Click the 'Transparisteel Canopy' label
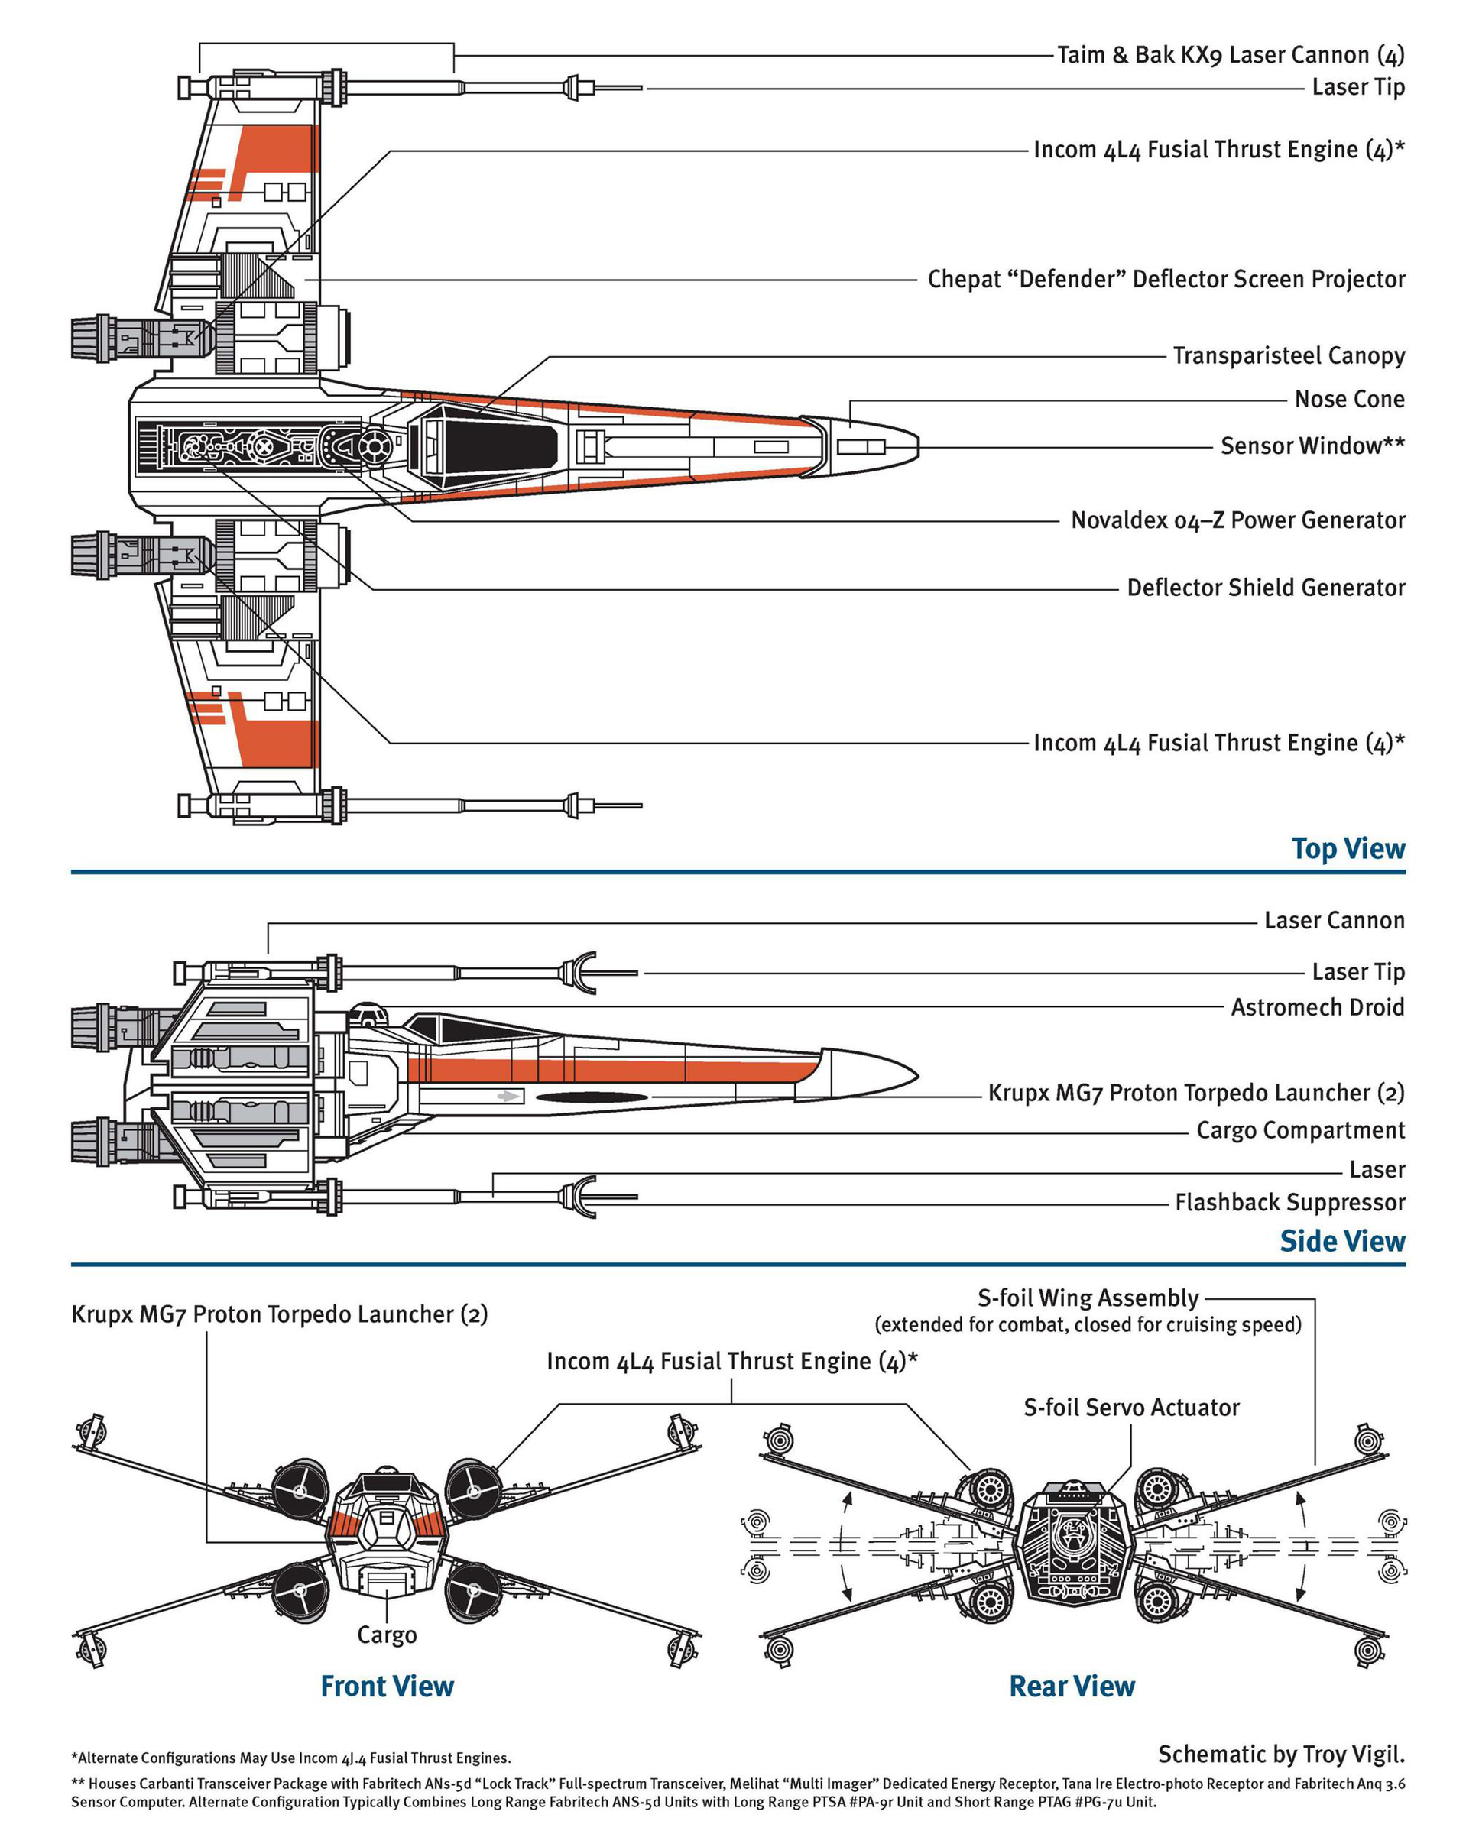1287,355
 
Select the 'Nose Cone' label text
1348,399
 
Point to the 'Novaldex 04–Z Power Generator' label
1237,520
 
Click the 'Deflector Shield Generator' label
1265,588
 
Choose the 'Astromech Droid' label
1316,1007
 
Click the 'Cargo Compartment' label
1299,1129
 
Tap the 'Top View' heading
1347,848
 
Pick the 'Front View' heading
387,1685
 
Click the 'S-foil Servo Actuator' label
1130,1407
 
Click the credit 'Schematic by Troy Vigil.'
1280,1753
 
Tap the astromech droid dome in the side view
368,1013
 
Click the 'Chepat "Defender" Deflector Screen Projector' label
1166,279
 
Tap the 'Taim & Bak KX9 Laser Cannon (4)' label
1230,55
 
